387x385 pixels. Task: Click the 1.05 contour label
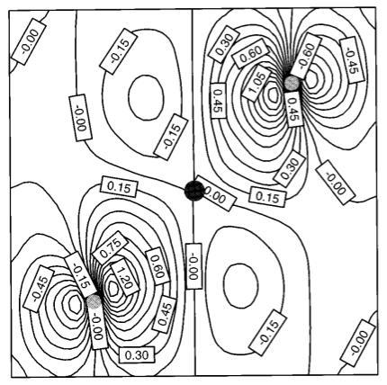(x=255, y=82)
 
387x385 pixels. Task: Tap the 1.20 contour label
(x=124, y=277)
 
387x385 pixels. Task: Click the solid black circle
(x=194, y=191)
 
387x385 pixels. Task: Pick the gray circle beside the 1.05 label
(x=292, y=83)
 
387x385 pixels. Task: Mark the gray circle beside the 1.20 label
(x=94, y=302)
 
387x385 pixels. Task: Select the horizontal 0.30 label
(x=137, y=355)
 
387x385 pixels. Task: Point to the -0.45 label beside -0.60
(x=352, y=61)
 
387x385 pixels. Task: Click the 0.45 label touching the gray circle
(x=293, y=109)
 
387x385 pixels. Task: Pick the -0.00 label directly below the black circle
(x=193, y=266)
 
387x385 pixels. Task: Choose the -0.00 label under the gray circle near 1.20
(x=98, y=329)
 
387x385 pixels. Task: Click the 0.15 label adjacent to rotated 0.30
(x=267, y=197)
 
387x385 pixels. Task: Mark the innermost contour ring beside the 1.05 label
(x=274, y=95)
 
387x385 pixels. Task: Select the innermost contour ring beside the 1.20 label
(x=113, y=289)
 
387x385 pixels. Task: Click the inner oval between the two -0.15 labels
(x=146, y=98)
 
